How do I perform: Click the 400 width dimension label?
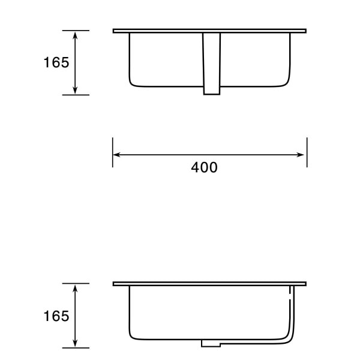[204, 167]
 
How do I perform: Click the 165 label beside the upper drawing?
[56, 62]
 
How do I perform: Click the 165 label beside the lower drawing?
[56, 316]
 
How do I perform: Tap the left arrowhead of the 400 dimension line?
[116, 155]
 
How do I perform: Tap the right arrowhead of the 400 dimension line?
[301, 155]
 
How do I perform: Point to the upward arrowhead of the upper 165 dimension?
[75, 35]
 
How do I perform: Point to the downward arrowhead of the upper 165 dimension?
[75, 90]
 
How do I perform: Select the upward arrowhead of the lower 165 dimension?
[75, 289]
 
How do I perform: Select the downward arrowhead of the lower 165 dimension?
[75, 343]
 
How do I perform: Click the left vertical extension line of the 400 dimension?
[113, 152]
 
